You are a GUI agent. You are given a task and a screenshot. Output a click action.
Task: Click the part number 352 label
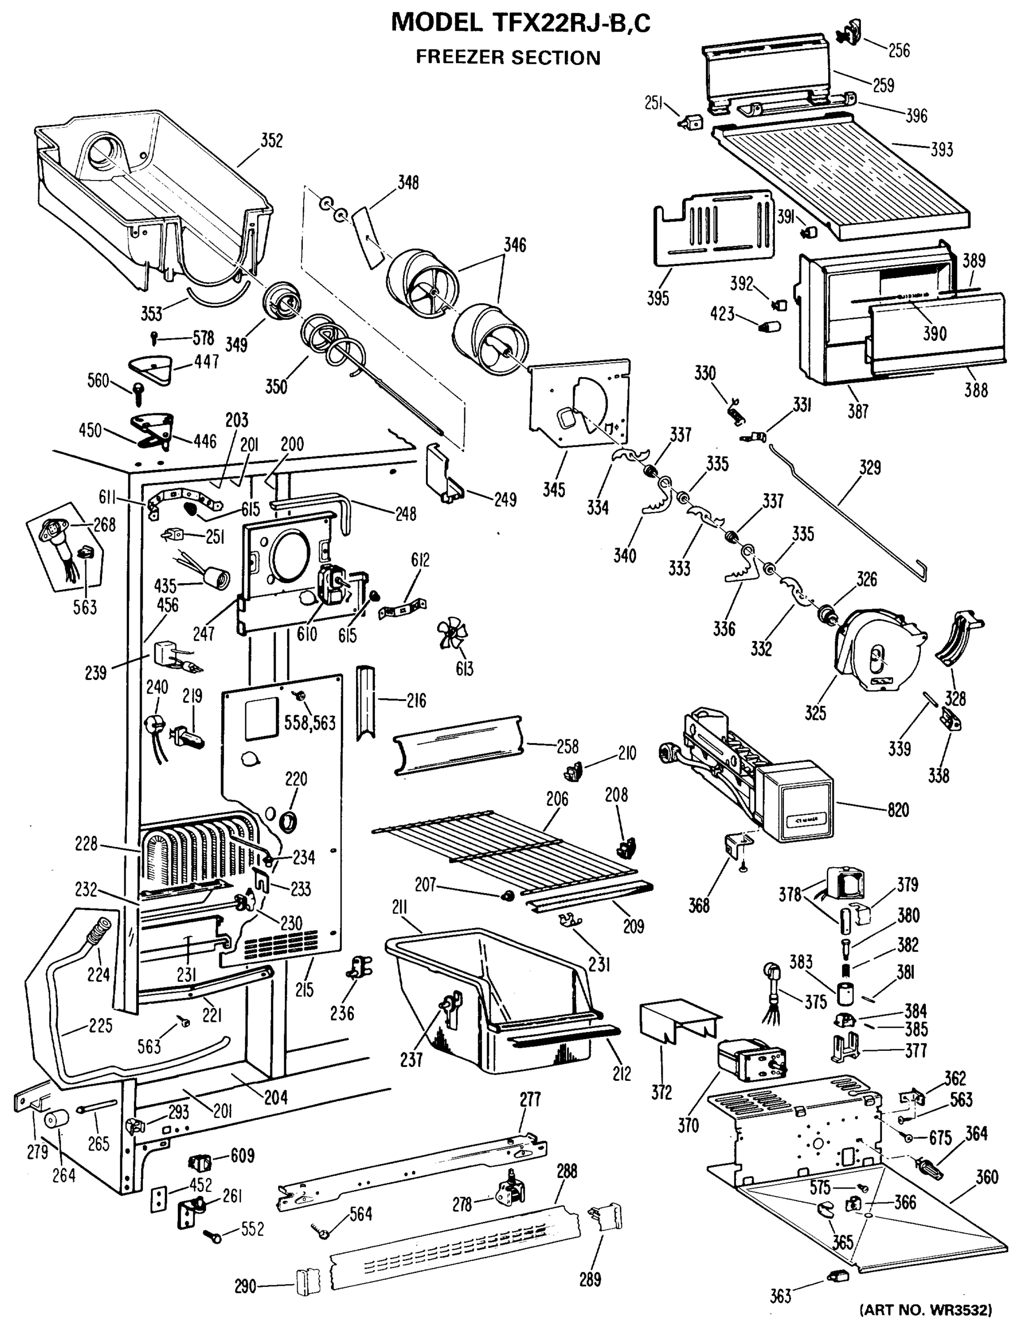pos(272,141)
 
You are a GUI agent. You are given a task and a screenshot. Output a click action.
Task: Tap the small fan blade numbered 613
pos(452,635)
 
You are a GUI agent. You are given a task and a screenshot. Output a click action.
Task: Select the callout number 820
pos(898,810)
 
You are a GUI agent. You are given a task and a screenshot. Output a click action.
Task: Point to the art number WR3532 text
pos(926,1309)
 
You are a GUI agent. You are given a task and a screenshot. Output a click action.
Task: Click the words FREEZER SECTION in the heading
pos(508,57)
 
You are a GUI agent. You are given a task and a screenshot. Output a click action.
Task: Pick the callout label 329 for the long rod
pos(870,468)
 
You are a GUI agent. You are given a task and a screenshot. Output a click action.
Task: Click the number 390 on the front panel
pos(934,333)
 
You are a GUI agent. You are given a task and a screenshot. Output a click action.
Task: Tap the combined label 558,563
pos(310,723)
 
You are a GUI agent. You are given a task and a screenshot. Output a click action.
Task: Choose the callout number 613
pos(464,669)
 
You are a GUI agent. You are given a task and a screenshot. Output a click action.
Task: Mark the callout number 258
pos(567,746)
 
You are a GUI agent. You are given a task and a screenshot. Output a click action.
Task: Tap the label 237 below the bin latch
pos(412,1060)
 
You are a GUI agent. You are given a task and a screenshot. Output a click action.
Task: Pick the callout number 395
pos(658,298)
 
